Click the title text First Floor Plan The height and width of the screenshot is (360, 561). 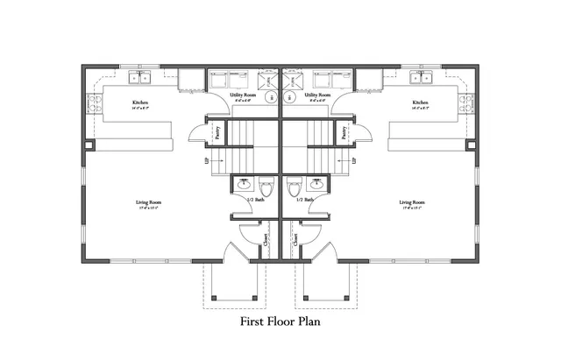click(280, 321)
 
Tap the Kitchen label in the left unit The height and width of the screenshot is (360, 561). click(139, 103)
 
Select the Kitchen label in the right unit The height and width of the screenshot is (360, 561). click(420, 103)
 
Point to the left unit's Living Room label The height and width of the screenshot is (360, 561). click(148, 203)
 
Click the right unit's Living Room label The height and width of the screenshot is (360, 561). click(411, 203)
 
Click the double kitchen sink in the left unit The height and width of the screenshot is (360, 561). click(139, 78)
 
